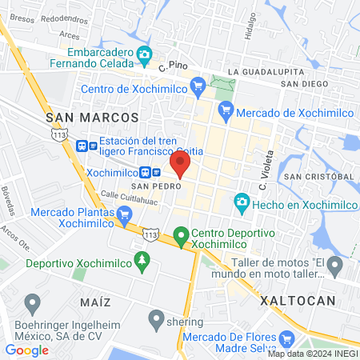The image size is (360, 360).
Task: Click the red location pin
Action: (179, 164)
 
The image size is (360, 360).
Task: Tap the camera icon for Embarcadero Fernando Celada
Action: (145, 55)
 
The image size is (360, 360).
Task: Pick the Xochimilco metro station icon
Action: (145, 172)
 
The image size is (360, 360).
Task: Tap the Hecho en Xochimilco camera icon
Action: (241, 203)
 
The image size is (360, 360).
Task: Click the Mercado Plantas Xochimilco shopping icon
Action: (124, 214)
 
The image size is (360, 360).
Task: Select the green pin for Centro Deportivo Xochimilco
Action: (182, 236)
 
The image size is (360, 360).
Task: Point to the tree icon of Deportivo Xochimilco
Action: (142, 261)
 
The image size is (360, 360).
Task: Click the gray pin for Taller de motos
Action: (335, 266)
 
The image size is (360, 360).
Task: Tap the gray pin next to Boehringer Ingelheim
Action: (33, 304)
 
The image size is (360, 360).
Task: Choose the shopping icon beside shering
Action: (156, 319)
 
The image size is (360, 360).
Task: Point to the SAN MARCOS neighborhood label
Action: (92, 117)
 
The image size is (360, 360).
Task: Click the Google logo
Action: (26, 350)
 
